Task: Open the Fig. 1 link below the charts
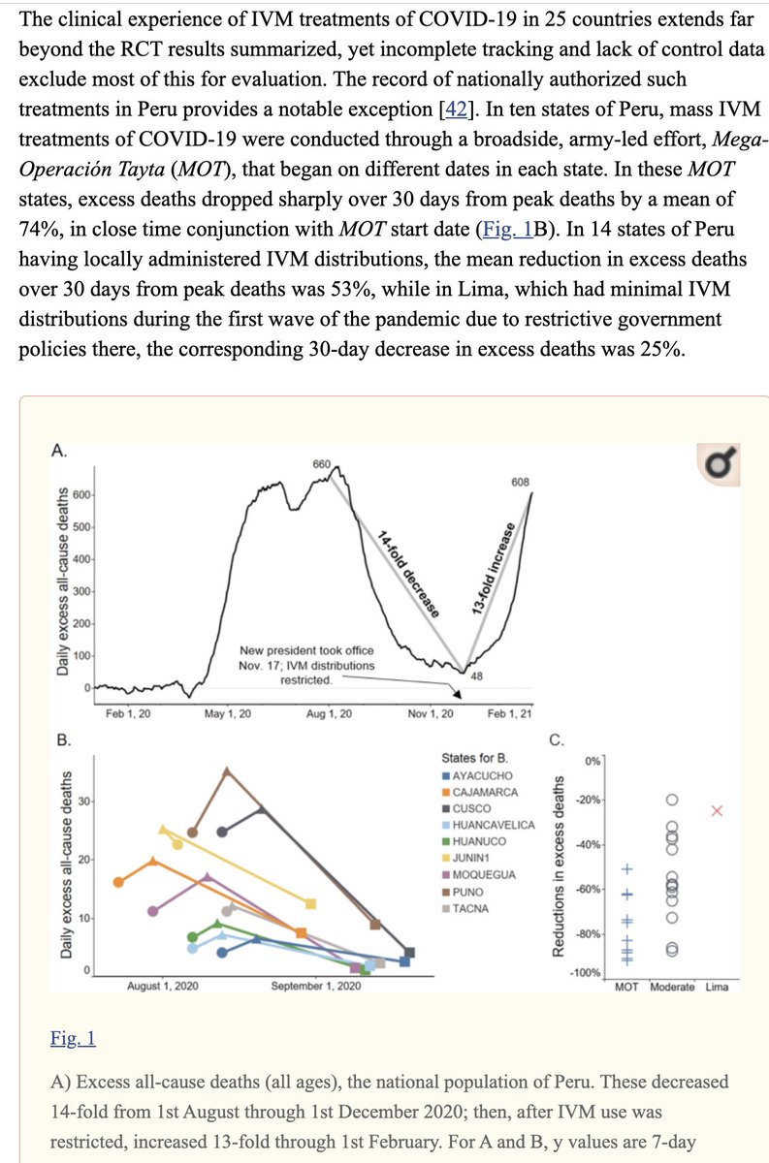(73, 1039)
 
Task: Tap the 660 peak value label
(322, 464)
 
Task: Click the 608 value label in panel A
(519, 483)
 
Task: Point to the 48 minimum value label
(477, 676)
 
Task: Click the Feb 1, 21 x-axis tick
(510, 713)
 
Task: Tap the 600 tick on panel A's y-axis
(81, 495)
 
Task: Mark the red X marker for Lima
(717, 810)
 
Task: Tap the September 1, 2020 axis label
(315, 986)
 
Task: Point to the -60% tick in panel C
(589, 889)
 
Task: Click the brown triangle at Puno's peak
(227, 770)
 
